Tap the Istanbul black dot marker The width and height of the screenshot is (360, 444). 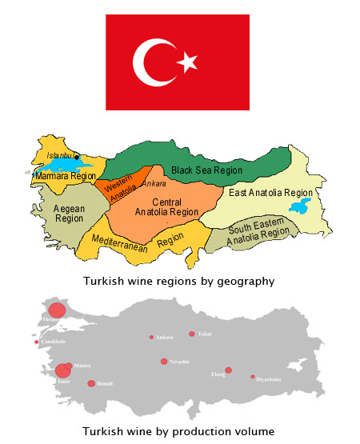tap(77, 157)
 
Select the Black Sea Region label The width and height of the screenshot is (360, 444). tap(206, 170)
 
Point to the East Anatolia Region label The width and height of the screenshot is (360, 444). tap(270, 193)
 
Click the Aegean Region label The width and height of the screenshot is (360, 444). tap(54, 212)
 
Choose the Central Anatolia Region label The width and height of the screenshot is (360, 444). tap(166, 206)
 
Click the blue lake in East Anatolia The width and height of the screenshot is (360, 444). tap(301, 207)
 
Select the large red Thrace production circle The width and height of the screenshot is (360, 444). tap(56, 311)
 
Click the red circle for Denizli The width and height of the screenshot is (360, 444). tap(91, 383)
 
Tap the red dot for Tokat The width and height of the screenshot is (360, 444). tap(191, 334)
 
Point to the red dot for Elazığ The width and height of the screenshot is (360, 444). tap(228, 370)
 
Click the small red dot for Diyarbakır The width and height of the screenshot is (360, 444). tap(253, 377)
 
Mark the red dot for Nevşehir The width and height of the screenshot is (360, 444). tap(164, 362)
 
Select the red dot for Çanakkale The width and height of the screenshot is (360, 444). tap(36, 342)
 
